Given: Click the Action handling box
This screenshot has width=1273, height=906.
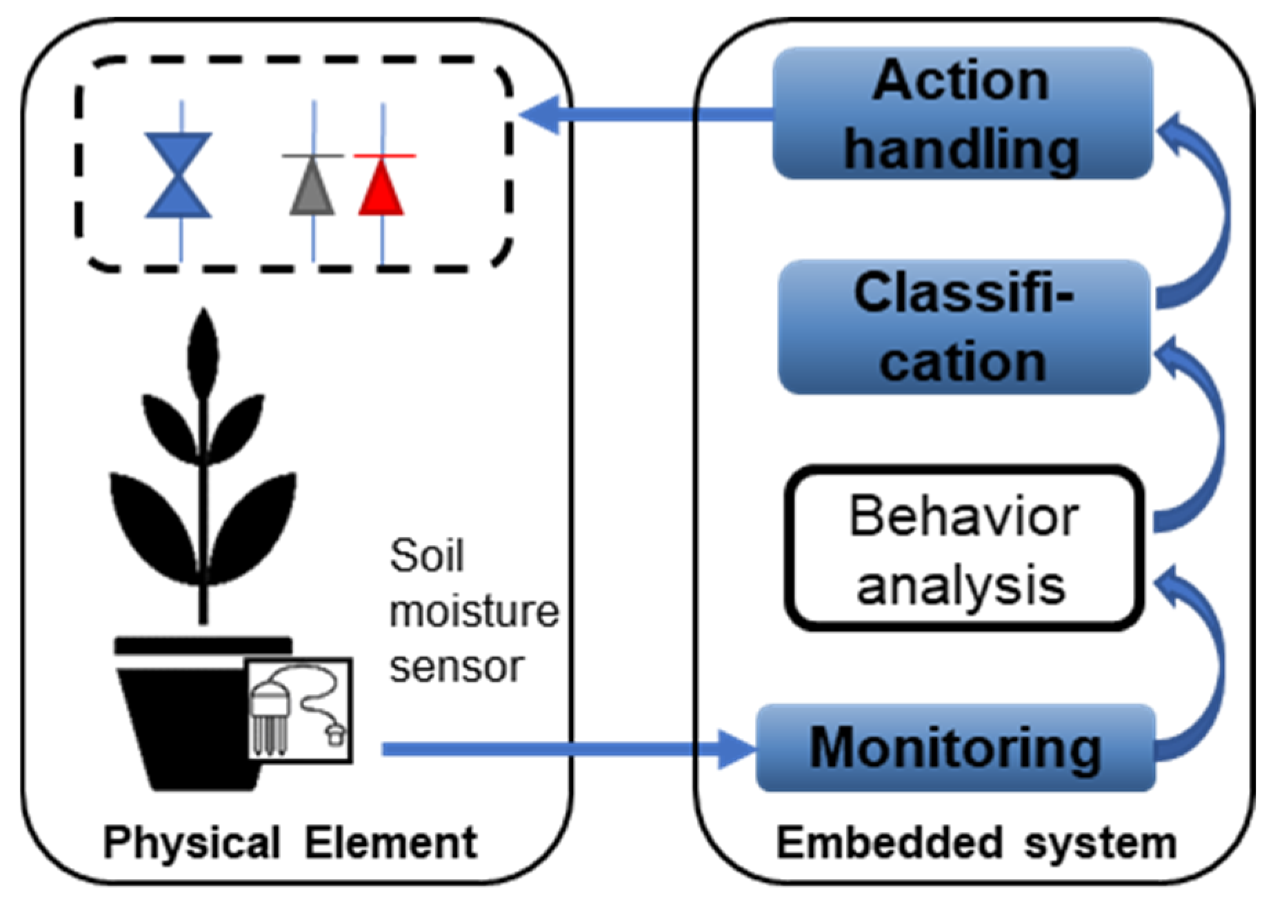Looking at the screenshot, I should point(962,114).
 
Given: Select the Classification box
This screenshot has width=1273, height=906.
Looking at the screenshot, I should point(963,327).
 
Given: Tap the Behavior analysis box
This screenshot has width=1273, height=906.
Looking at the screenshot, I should point(963,549).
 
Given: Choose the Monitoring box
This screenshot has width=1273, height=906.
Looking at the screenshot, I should point(956,749).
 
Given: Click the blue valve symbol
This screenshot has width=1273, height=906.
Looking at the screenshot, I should point(179,176).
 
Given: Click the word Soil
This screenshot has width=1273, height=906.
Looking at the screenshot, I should point(427,556).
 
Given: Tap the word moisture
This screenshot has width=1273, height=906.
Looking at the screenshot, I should point(474,612).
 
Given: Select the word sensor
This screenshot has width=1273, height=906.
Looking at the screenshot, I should point(457,667).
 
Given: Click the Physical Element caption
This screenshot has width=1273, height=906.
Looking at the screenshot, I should point(290,843).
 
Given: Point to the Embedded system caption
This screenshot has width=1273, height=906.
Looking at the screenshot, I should point(976,843).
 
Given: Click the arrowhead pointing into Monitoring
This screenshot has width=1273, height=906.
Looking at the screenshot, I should point(736,749).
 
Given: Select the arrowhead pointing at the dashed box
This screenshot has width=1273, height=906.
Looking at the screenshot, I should point(541,114).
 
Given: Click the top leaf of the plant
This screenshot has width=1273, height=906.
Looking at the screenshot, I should point(203,352).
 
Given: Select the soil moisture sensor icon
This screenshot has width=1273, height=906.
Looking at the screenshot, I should point(300,710).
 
